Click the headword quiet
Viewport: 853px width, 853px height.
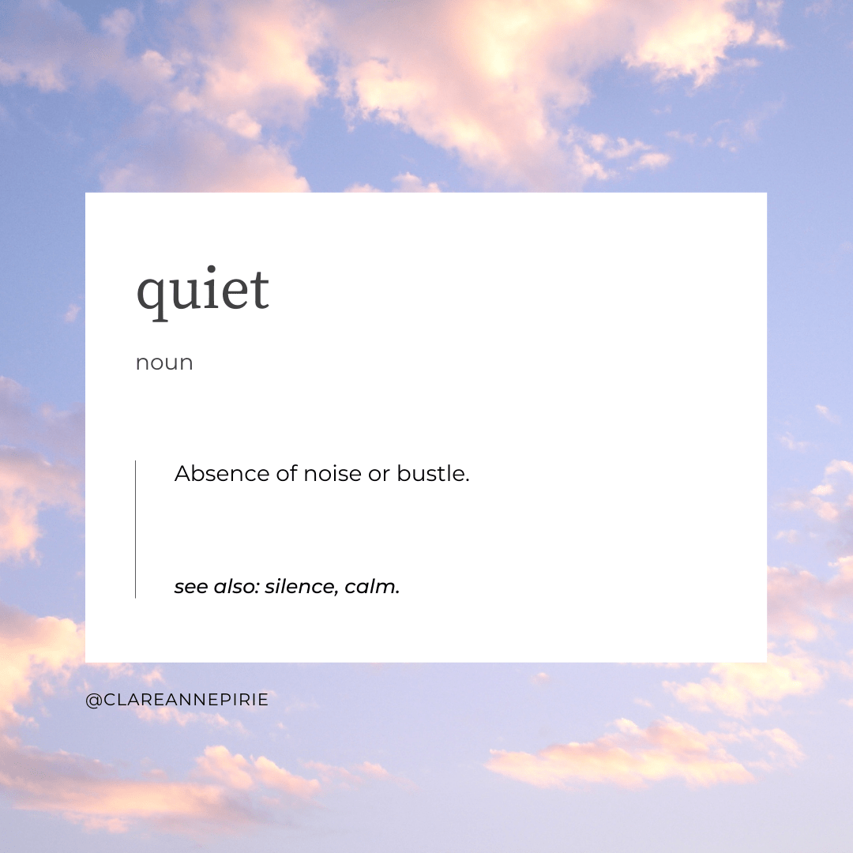[203, 289]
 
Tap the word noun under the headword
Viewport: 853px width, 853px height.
[164, 363]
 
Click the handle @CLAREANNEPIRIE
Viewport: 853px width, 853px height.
[177, 700]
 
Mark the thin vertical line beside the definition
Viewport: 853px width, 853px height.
[135, 529]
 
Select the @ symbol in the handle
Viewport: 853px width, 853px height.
[92, 701]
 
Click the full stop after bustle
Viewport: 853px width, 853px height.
[468, 481]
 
